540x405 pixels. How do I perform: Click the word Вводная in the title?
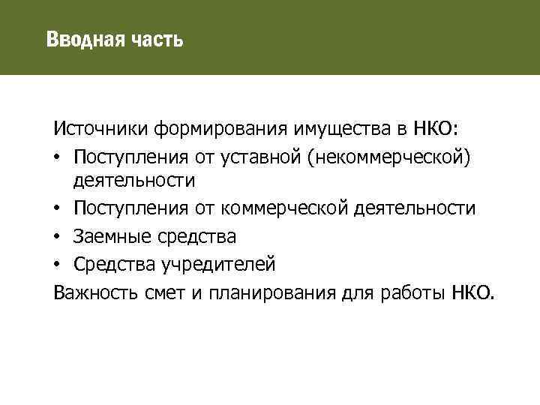point(77,38)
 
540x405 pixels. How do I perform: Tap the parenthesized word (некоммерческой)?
point(391,155)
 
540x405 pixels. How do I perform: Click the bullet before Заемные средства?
point(57,237)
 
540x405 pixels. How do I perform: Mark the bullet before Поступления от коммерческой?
point(57,209)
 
